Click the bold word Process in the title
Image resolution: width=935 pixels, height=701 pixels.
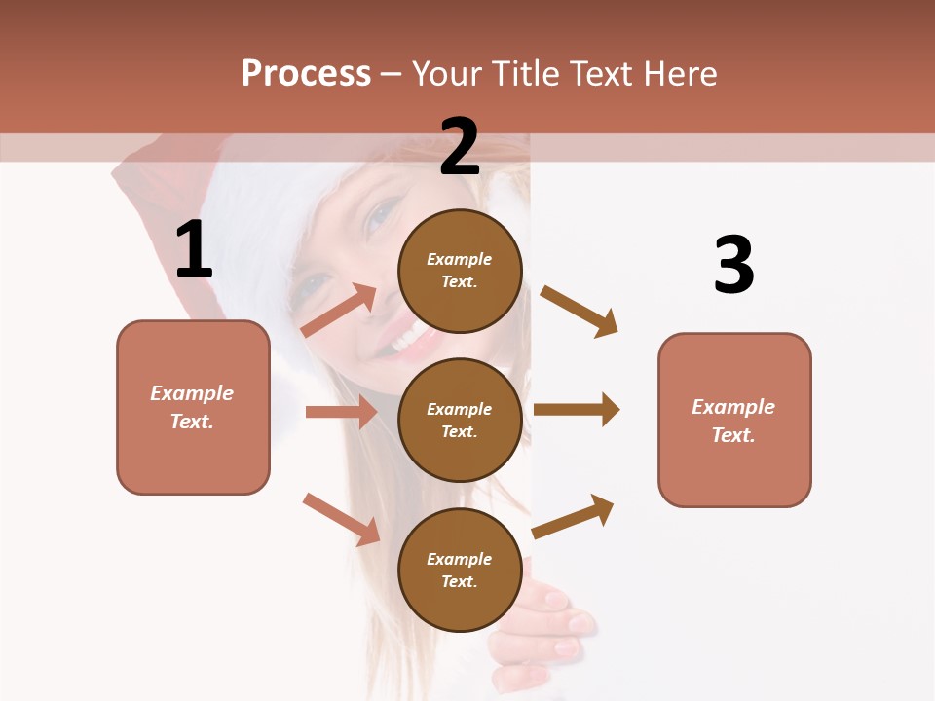pos(306,73)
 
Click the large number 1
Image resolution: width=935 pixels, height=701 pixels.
pos(194,249)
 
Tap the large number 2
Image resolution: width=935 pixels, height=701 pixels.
pos(460,147)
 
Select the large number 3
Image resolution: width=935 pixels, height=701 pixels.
pos(733,265)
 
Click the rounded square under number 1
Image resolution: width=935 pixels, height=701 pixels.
pos(193,407)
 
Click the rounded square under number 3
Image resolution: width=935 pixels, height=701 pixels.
pos(734,420)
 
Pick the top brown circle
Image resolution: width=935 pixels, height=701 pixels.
pos(460,270)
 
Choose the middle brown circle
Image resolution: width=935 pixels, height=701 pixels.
pos(460,420)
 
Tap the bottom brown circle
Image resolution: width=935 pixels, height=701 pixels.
pos(460,570)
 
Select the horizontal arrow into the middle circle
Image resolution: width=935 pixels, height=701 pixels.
pos(341,412)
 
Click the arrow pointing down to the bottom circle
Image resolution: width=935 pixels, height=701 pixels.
pos(341,519)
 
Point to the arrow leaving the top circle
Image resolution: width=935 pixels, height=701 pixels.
pos(579,311)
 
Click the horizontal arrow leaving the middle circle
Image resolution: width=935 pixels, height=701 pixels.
pos(577,410)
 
